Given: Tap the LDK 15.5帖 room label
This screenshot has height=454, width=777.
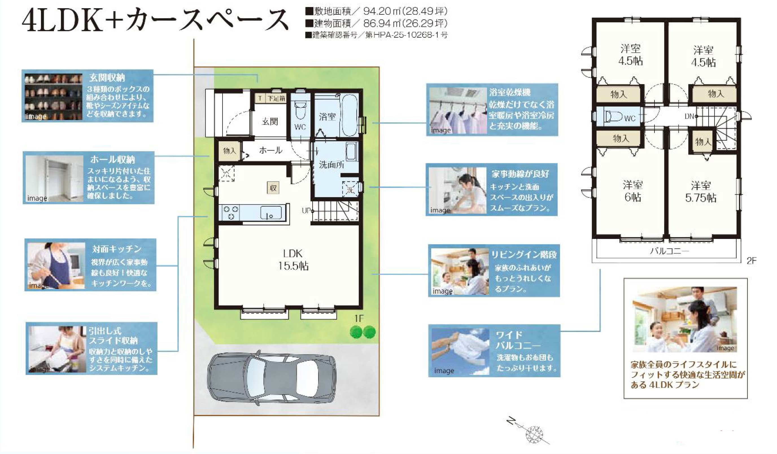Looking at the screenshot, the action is tap(293, 260).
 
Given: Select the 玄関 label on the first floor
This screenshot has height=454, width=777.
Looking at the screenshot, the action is tap(270, 121).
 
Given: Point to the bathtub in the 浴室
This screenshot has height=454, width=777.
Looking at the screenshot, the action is tap(349, 115).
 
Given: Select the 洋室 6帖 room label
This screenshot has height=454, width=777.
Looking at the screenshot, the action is tap(633, 191).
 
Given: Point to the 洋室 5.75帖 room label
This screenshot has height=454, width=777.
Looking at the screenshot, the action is tap(700, 192).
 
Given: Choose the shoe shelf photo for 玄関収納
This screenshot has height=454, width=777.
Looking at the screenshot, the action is tap(53, 97).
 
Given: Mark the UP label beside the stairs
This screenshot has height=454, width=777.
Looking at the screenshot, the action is tap(306, 211).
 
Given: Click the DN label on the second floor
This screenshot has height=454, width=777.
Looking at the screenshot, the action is tap(689, 116).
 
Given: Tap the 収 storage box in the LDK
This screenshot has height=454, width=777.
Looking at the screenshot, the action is tap(273, 188).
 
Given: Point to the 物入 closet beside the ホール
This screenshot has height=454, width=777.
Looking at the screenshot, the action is tap(229, 151).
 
